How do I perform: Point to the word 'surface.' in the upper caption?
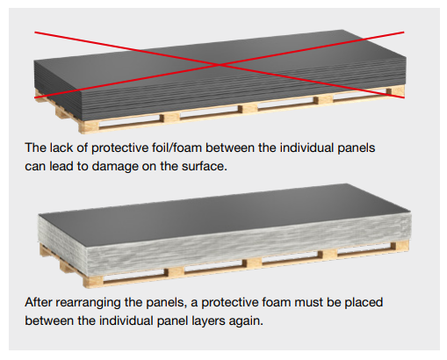(205, 166)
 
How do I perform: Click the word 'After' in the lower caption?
(38, 302)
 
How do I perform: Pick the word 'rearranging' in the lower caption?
(88, 303)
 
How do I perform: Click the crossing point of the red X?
(220, 64)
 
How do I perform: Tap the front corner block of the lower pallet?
(93, 281)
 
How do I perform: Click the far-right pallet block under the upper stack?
(395, 91)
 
